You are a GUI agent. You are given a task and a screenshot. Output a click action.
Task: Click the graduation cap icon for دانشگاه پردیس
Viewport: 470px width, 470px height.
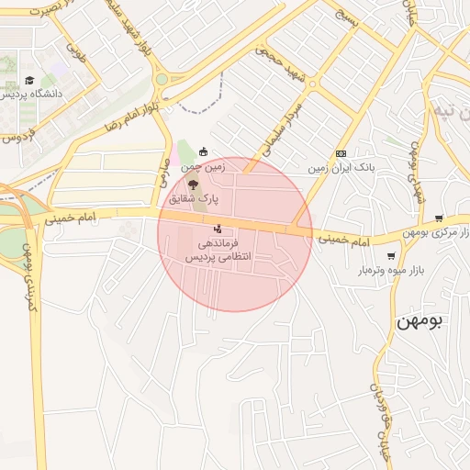[x=29, y=81]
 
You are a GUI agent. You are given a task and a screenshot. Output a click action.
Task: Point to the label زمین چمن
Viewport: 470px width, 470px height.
[x=203, y=167]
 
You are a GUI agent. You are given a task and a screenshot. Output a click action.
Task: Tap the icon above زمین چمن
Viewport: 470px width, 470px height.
[x=203, y=152]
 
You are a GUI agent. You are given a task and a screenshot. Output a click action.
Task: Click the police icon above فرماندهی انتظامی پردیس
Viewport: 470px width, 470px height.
[x=218, y=229]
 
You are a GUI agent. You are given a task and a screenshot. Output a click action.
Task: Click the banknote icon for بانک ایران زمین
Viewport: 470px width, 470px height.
[x=341, y=153]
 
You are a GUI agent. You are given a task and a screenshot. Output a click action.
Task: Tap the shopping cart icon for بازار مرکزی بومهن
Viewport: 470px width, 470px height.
[x=439, y=218]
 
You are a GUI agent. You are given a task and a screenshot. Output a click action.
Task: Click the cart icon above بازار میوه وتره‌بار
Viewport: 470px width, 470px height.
[x=392, y=256]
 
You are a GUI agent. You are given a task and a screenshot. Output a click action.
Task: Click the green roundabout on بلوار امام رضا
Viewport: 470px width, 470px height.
[x=162, y=80]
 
